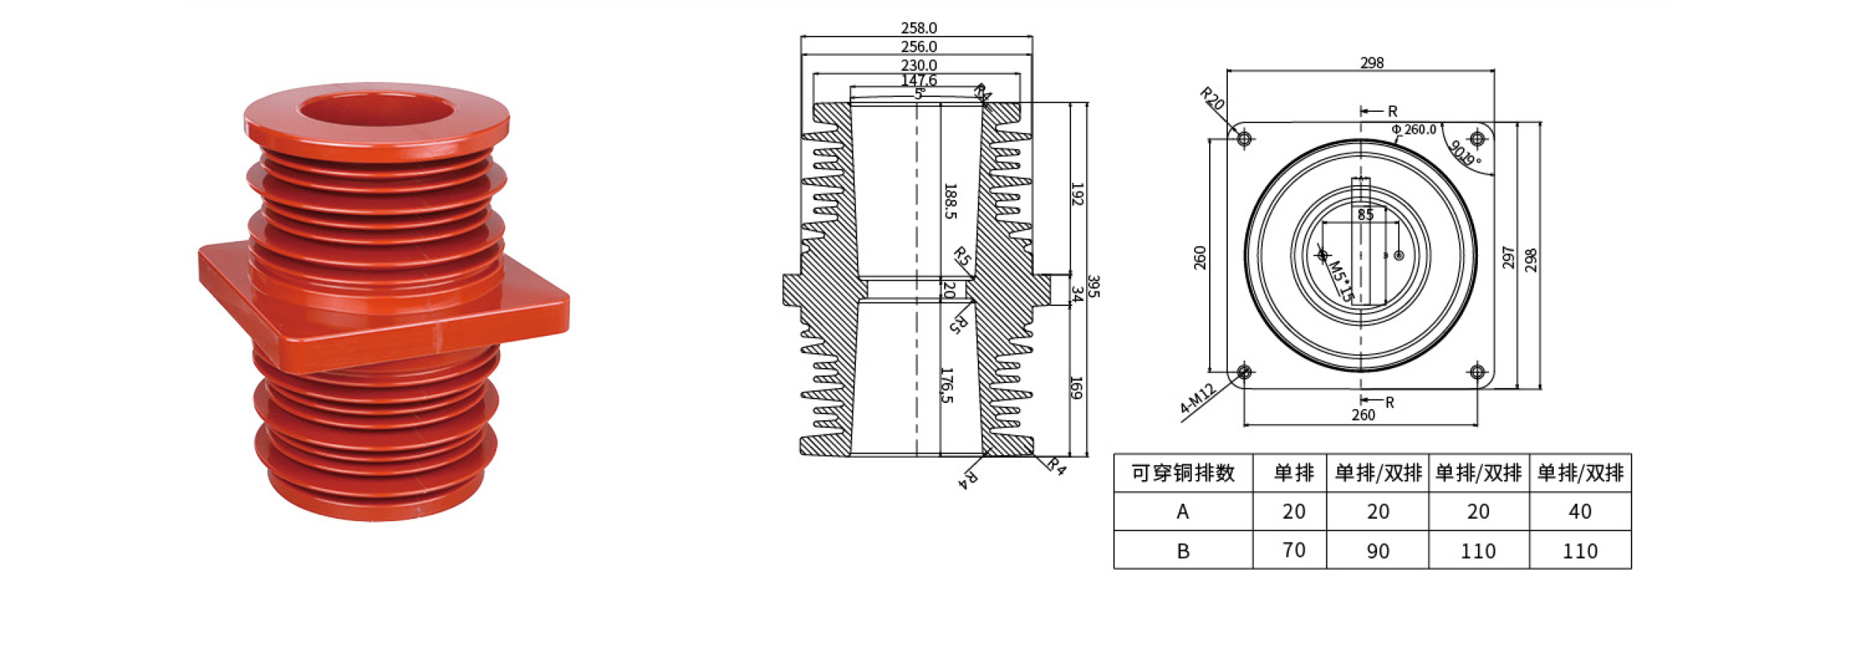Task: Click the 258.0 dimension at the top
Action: (x=918, y=28)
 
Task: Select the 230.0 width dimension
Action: (x=918, y=66)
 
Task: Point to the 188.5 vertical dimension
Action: (x=949, y=201)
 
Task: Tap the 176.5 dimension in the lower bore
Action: (x=946, y=385)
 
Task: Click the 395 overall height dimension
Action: (x=1093, y=287)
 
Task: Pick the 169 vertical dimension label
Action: (x=1076, y=387)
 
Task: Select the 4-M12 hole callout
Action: (x=1198, y=399)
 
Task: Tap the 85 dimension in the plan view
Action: (x=1365, y=215)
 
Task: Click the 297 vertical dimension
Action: (x=1508, y=257)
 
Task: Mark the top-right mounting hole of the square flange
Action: (x=1477, y=139)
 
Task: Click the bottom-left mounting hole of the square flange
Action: (x=1244, y=371)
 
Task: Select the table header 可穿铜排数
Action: (x=1182, y=473)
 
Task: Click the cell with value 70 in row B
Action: (x=1293, y=550)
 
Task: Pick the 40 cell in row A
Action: (x=1579, y=511)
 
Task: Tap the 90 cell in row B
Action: (x=1377, y=551)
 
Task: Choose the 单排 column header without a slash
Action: (x=1293, y=473)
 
